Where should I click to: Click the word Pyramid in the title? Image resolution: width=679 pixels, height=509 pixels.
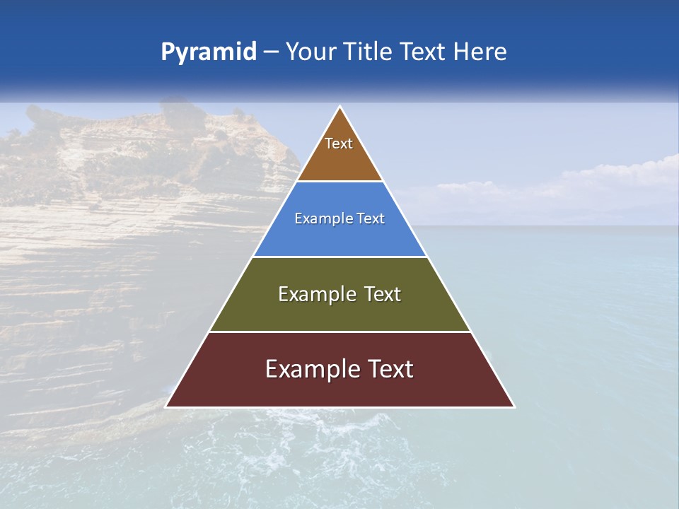point(209,52)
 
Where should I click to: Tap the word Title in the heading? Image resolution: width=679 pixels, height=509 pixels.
point(368,52)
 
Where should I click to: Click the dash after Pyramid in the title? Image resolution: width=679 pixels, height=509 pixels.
point(271,52)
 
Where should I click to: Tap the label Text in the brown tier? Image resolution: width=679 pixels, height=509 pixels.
point(339,144)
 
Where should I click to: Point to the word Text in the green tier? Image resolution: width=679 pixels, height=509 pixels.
point(383,294)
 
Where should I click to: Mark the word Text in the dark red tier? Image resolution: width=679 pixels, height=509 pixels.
point(390,369)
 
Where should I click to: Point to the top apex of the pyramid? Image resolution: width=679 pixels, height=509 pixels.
point(339,107)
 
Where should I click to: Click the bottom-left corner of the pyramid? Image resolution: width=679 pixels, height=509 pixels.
point(166,406)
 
